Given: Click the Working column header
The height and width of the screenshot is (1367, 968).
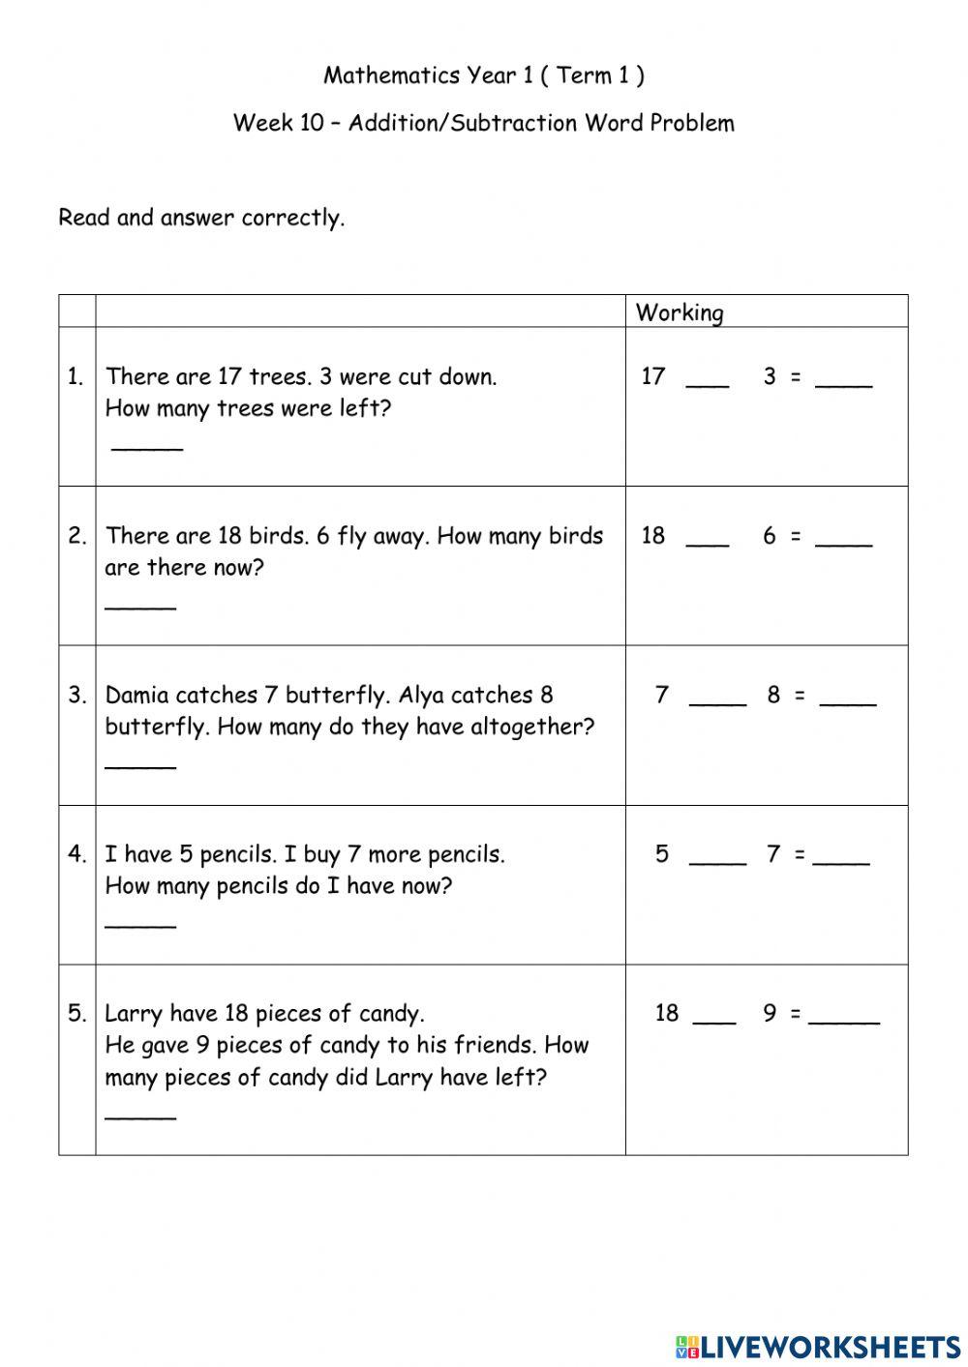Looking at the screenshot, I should [680, 312].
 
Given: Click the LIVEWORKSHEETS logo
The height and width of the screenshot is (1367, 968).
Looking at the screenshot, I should [817, 1346].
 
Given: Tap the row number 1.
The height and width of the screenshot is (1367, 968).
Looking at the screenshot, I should [76, 377].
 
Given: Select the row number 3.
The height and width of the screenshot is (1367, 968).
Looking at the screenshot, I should [77, 695].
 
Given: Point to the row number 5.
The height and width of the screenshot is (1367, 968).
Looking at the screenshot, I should [77, 1013].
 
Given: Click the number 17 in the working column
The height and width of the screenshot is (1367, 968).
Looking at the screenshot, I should [653, 376].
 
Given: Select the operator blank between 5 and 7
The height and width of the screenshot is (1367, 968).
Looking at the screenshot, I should [717, 862].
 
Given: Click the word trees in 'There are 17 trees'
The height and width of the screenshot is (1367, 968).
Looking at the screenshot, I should [279, 376].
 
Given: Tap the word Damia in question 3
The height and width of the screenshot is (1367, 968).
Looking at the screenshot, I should [136, 695].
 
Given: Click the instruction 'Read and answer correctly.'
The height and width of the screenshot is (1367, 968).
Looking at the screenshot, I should [201, 218].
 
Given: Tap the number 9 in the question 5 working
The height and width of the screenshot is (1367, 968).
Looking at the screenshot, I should [770, 1013].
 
